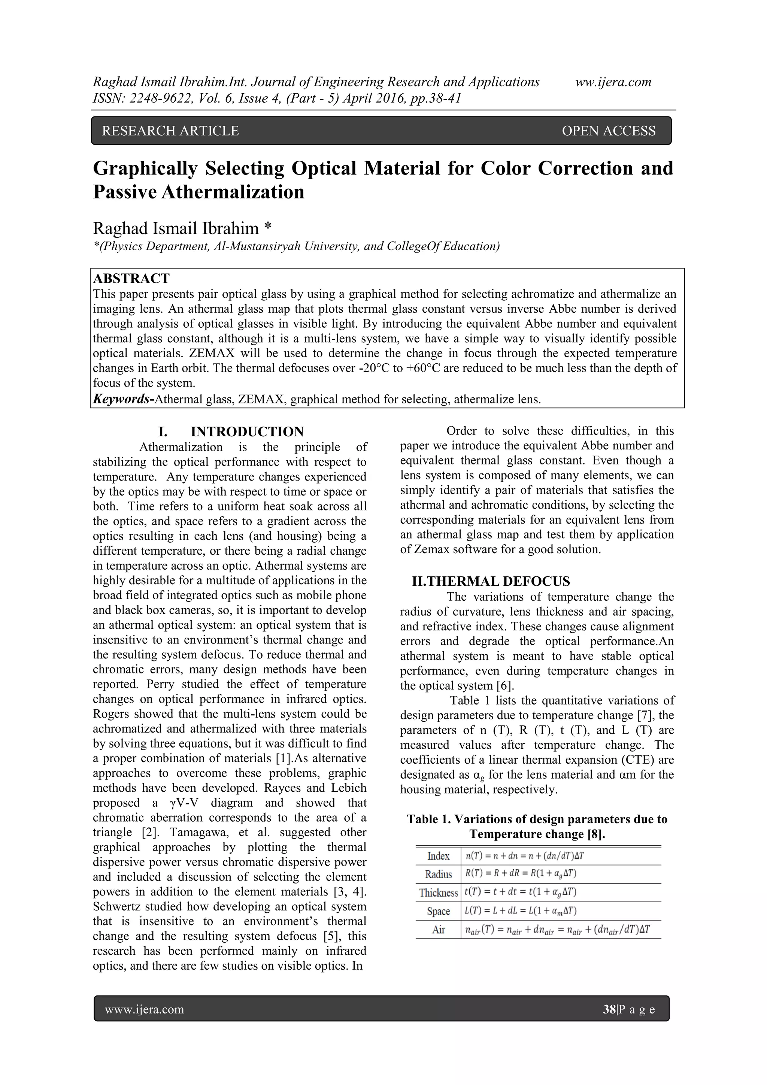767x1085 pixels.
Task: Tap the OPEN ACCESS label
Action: click(x=608, y=131)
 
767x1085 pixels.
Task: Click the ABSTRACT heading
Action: click(x=131, y=278)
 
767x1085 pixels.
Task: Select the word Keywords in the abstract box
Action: click(x=121, y=399)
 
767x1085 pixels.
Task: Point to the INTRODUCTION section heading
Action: click(x=247, y=431)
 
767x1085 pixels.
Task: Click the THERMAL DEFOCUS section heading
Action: click(x=491, y=581)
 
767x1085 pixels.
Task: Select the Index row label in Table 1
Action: click(x=438, y=856)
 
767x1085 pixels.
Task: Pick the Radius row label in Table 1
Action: click(x=438, y=874)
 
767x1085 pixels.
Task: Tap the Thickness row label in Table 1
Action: click(x=438, y=892)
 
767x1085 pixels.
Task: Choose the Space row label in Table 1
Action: click(x=438, y=911)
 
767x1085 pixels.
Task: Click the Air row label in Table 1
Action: click(x=438, y=930)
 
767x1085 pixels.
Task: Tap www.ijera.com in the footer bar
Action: click(x=144, y=1009)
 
